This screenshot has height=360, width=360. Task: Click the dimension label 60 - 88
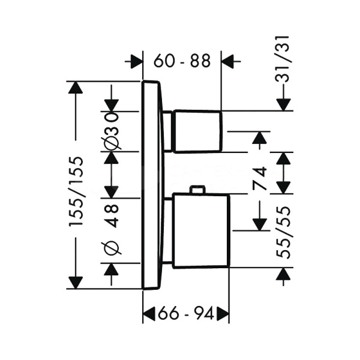(x=182, y=61)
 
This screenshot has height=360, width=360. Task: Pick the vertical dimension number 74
(x=260, y=179)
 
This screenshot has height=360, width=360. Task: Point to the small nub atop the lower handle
(x=196, y=190)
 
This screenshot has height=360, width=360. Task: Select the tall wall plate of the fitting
(x=152, y=185)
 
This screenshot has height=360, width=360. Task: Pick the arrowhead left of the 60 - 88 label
(x=136, y=61)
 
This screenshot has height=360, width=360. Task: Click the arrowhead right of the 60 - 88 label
(x=230, y=61)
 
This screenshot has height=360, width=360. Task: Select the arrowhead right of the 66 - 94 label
(x=223, y=312)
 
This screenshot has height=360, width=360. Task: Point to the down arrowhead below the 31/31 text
(x=284, y=103)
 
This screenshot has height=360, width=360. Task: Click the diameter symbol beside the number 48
(x=112, y=247)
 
